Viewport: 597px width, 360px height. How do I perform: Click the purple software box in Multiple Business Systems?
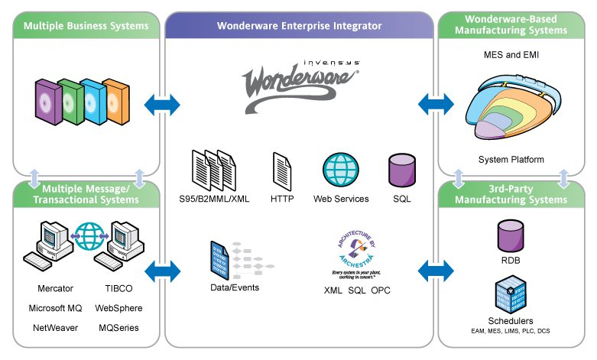click(47, 100)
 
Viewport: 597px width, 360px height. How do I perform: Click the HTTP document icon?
click(281, 170)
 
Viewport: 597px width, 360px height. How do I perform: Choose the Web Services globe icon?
click(340, 170)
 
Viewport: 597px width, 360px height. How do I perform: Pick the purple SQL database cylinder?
click(401, 170)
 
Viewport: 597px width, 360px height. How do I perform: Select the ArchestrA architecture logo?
click(352, 252)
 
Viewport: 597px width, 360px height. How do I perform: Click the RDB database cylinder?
click(510, 236)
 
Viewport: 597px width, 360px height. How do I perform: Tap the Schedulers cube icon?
click(510, 294)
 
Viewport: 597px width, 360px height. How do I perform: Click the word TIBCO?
click(120, 289)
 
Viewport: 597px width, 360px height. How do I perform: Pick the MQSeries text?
click(120, 327)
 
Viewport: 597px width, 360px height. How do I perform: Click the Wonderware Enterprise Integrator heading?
click(299, 26)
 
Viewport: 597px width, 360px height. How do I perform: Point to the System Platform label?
click(511, 160)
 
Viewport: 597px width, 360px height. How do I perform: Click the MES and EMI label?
click(510, 56)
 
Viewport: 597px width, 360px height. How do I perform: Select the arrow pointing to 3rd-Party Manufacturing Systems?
click(435, 270)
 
